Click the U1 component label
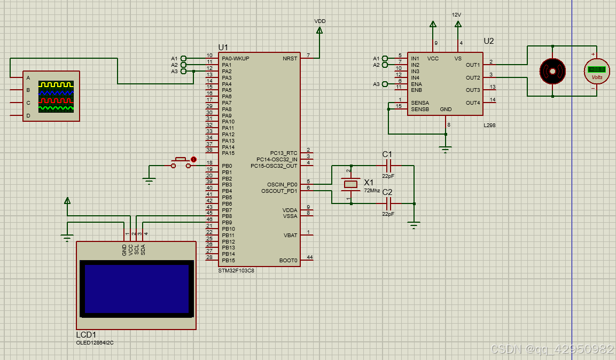[223, 47]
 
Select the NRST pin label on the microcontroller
[290, 58]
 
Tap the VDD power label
[319, 21]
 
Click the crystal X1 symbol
[350, 185]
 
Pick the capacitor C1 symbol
[388, 166]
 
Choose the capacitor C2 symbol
[388, 203]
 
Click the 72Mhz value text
[372, 190]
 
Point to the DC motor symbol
[552, 71]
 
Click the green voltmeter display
[596, 69]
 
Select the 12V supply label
[456, 15]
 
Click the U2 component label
[488, 41]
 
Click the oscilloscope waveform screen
[56, 96]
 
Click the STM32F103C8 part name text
[236, 270]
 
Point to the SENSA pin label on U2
[419, 103]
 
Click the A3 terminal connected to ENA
[376, 84]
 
